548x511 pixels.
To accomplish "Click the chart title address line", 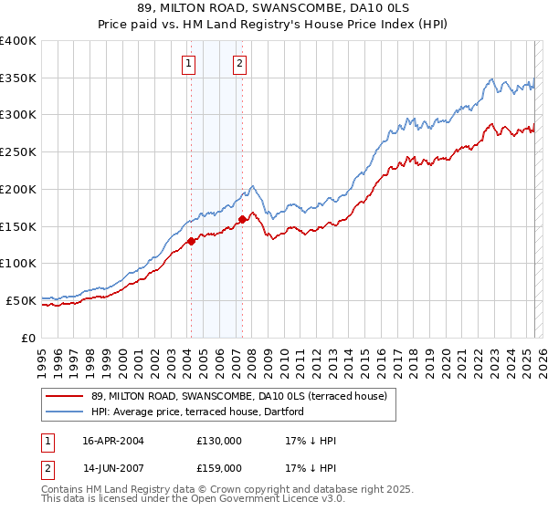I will coord(274,10).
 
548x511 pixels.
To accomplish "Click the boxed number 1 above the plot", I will coord(187,63).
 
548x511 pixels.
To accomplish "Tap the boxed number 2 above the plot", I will coord(239,63).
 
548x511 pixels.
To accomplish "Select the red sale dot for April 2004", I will coord(192,241).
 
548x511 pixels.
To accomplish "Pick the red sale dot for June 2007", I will coord(242,219).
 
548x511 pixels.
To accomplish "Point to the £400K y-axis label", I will coord(18,41).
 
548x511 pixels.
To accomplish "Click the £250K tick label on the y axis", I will coord(18,152).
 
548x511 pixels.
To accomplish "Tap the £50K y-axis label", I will coord(21,300).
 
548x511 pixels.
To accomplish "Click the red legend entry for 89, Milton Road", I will coord(239,396).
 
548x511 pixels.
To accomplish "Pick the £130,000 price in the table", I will coord(219,441).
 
